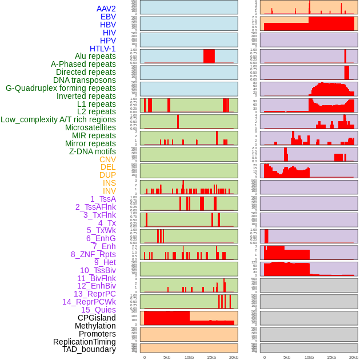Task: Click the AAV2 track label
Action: [106, 9]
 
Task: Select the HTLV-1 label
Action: [103, 49]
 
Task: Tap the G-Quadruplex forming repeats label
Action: [61, 89]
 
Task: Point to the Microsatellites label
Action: [90, 127]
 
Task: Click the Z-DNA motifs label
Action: [93, 151]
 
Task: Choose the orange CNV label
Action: [107, 159]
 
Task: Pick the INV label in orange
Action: [109, 191]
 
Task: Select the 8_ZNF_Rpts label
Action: [93, 254]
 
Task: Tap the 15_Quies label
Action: [98, 310]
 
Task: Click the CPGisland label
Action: [97, 318]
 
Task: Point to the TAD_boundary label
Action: [89, 349]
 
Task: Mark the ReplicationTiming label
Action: [85, 342]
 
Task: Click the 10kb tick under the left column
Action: [189, 357]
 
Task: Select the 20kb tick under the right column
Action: [354, 357]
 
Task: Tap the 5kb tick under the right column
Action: [287, 357]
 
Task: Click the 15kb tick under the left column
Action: [211, 357]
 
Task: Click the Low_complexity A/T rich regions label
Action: [58, 119]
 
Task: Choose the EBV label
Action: [108, 17]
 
